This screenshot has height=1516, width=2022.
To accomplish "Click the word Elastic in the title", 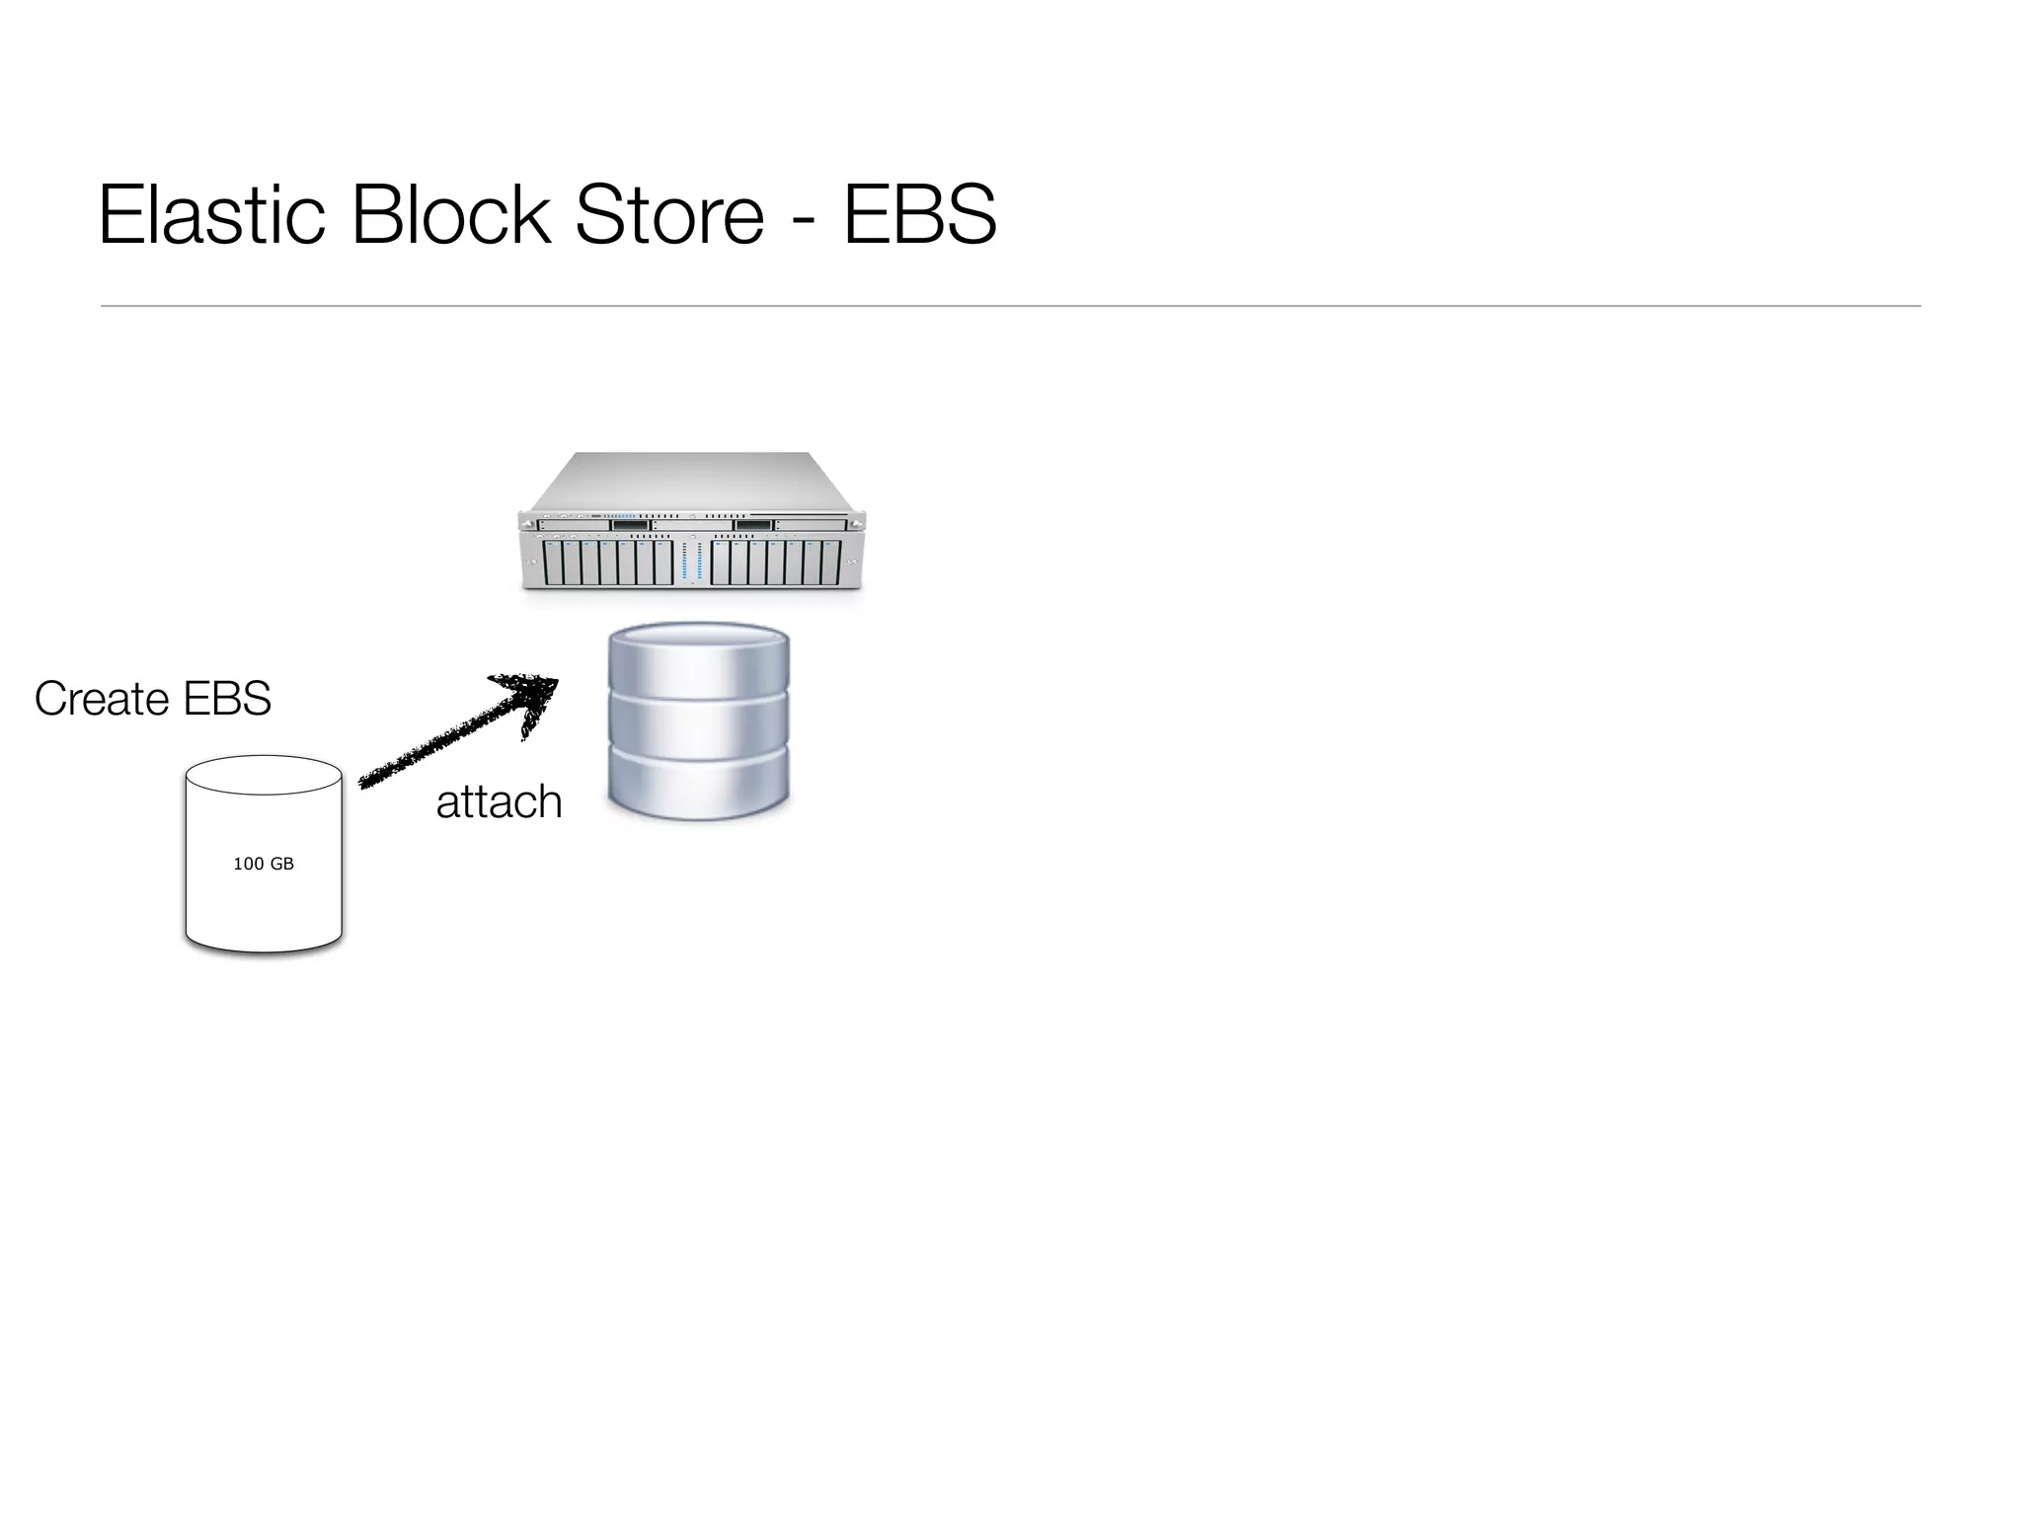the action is point(211,214).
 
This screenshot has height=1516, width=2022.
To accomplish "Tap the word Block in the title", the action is point(450,214).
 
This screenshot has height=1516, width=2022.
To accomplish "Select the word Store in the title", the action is point(668,214).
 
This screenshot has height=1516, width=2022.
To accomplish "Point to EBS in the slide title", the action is point(919,214).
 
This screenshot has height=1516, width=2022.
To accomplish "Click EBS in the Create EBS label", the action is point(227,699).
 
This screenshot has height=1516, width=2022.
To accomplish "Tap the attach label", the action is point(499,801).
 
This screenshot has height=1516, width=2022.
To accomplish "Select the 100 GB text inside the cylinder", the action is point(264,864).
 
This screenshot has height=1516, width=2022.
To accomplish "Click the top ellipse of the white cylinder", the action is point(264,775).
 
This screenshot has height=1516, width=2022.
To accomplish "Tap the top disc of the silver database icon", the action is point(699,656).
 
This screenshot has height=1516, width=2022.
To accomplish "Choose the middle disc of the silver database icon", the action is point(699,725).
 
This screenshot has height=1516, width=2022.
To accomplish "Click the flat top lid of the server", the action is point(691,482).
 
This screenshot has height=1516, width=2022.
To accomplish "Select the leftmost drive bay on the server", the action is point(552,563).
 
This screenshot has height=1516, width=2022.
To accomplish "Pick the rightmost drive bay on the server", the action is point(831,563).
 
